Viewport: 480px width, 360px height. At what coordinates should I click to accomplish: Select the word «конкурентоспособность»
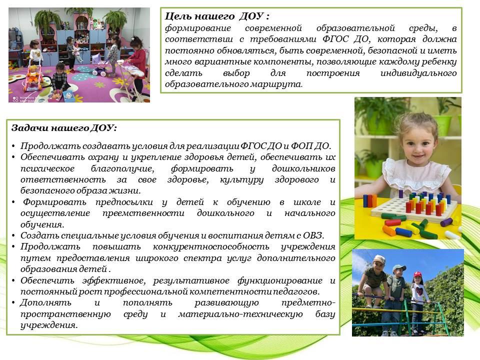211,246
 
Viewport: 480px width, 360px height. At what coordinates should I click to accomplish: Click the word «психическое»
47,168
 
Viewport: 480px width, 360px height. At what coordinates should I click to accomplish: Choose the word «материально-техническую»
240,314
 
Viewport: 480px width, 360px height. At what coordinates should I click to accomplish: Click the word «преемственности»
143,213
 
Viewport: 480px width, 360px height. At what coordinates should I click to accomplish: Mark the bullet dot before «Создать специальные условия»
13,236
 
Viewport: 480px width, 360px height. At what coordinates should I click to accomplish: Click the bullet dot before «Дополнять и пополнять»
13,303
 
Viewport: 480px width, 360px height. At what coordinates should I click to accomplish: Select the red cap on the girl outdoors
418,274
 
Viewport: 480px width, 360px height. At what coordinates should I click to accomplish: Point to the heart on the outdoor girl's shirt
418,289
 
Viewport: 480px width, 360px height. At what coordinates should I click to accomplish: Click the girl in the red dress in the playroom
136,63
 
